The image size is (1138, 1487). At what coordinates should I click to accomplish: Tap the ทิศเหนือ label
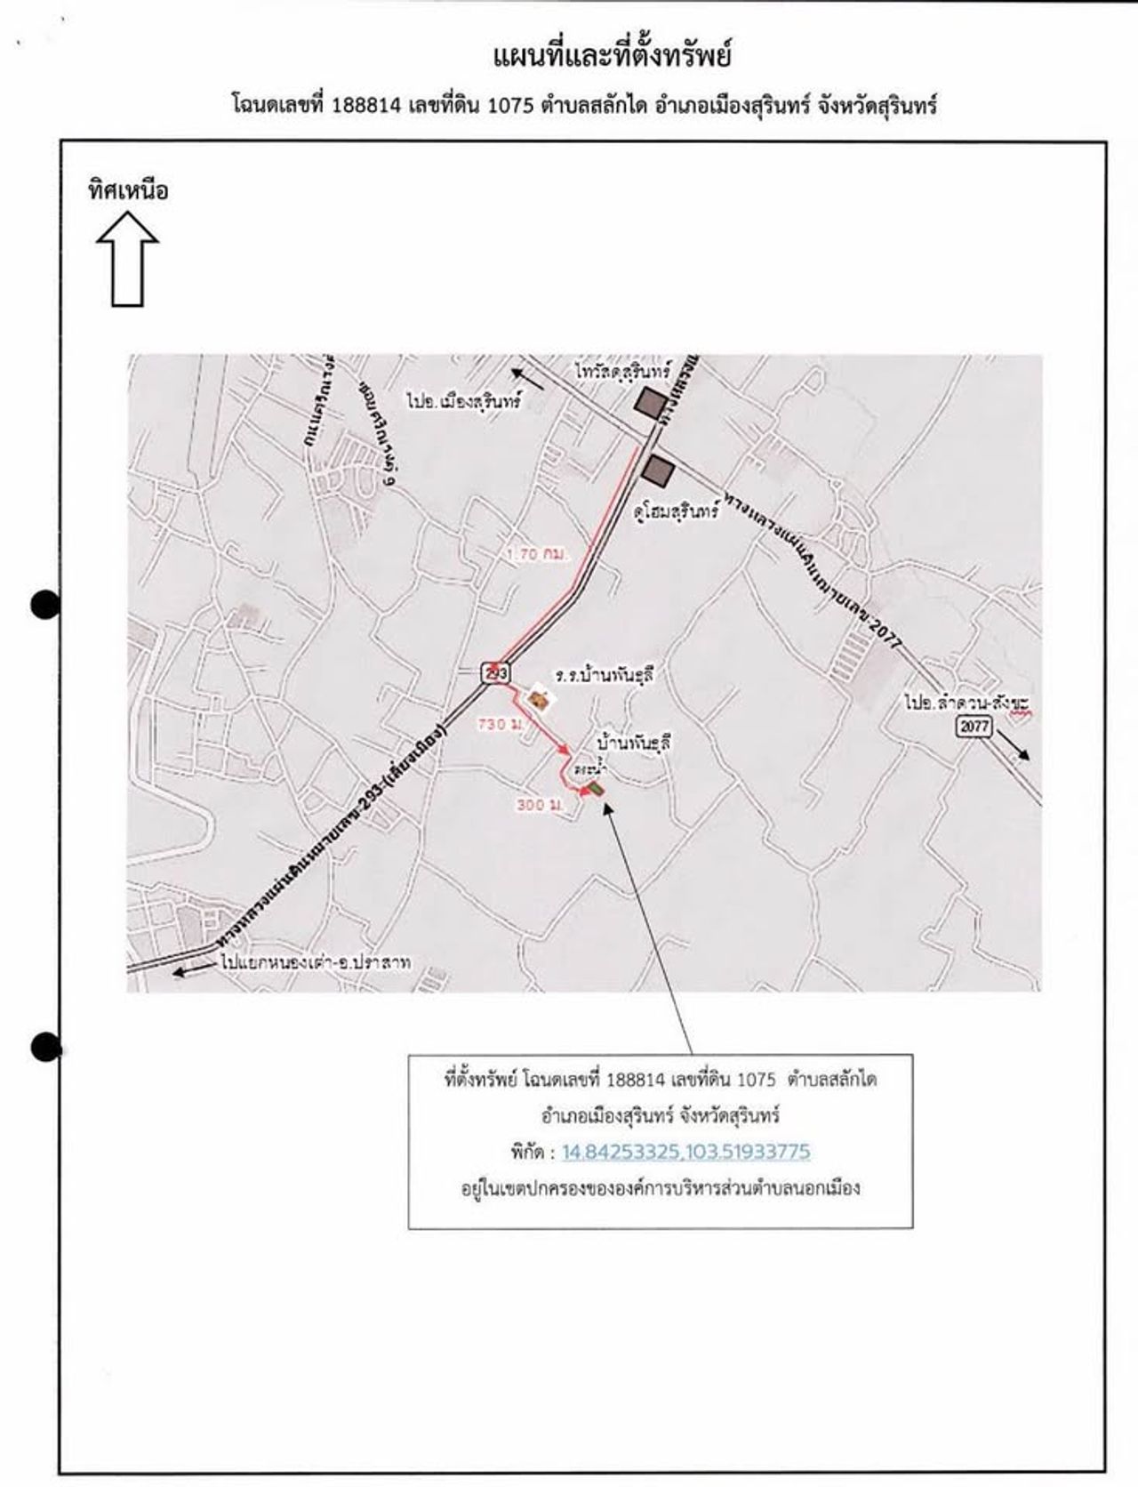tap(127, 191)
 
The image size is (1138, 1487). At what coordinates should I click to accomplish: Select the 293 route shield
tap(495, 673)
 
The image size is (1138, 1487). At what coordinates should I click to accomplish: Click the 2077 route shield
tap(974, 726)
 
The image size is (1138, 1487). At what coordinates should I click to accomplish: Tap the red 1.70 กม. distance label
tap(537, 553)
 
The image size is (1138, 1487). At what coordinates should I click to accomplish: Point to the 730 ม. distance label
tap(500, 724)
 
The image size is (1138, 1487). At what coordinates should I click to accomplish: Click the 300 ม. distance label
tap(541, 805)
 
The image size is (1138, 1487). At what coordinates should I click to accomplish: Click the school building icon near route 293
tap(538, 700)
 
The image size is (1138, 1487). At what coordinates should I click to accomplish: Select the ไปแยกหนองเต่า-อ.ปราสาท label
tap(317, 961)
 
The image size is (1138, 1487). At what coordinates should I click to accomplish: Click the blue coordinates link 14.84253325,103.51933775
tap(685, 1152)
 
